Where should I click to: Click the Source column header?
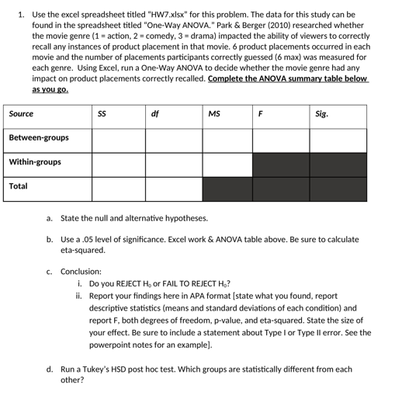[x=21, y=114]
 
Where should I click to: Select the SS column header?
[x=102, y=114]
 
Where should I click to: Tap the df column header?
[x=154, y=114]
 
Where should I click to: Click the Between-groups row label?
[x=39, y=138]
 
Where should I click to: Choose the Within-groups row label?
[x=35, y=162]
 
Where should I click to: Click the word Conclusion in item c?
[x=81, y=272]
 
